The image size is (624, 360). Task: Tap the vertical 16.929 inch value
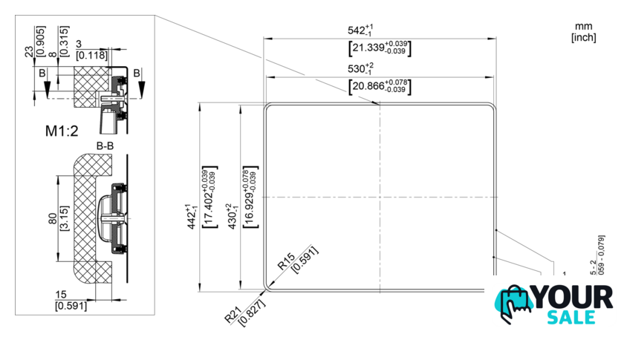click(x=248, y=197)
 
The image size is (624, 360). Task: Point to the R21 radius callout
click(x=232, y=315)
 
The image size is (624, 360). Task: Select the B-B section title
click(x=104, y=145)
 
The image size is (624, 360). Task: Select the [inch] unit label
click(x=583, y=37)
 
